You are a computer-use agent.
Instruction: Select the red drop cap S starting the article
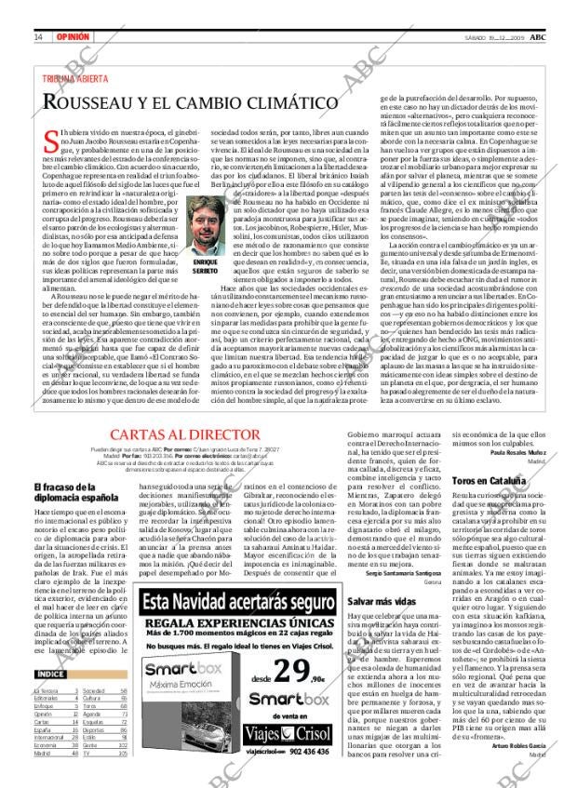(50, 141)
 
